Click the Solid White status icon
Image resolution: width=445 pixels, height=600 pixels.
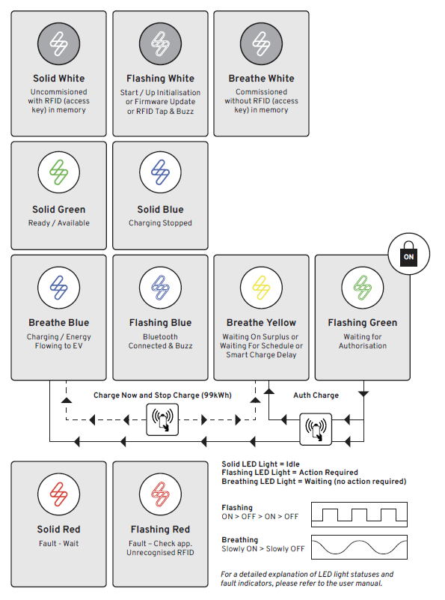tap(59, 43)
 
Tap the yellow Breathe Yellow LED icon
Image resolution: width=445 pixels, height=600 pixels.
tap(261, 288)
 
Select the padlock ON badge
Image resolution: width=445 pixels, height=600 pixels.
tap(408, 254)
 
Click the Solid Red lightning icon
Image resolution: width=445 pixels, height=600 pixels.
tap(59, 494)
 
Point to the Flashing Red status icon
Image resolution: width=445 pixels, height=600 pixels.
tap(161, 494)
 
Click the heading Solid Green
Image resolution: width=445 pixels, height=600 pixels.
tap(59, 209)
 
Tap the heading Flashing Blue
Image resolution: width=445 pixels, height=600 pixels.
tap(161, 323)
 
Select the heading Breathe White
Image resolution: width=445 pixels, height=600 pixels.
tap(261, 78)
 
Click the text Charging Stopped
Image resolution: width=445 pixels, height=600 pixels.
tap(161, 222)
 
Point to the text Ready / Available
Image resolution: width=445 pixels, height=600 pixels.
tap(59, 222)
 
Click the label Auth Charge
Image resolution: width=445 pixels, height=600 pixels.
tap(316, 396)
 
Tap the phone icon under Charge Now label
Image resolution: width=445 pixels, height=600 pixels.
tap(162, 419)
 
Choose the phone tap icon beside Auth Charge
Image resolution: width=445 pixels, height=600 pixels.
tap(316, 429)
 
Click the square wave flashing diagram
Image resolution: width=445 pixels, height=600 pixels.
tap(359, 515)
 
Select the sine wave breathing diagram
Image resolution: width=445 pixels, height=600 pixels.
tap(359, 548)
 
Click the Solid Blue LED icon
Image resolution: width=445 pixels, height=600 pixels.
tap(161, 172)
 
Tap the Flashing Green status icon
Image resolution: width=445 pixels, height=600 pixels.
tap(363, 288)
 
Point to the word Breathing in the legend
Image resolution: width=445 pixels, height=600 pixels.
tap(240, 539)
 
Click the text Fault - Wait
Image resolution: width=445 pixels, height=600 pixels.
tap(59, 543)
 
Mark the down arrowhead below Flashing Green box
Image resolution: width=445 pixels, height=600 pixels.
tap(363, 394)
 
